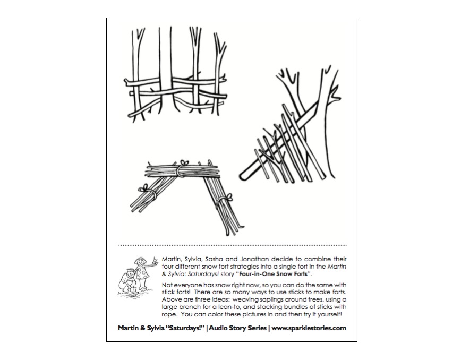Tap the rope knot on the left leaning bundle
coord(143,190)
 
